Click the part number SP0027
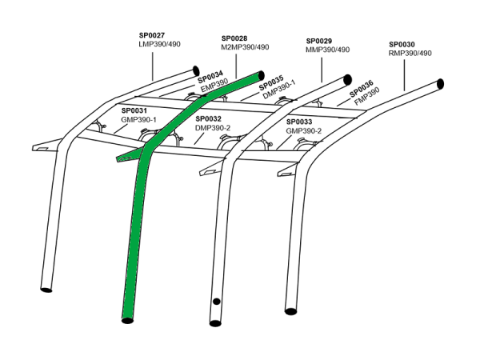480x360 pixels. click(x=152, y=36)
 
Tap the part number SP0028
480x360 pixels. click(x=234, y=38)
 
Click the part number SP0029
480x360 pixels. click(x=319, y=41)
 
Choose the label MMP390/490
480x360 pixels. click(x=328, y=50)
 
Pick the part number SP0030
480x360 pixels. click(x=402, y=45)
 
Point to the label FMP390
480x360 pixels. click(x=366, y=97)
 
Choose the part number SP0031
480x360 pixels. click(x=134, y=110)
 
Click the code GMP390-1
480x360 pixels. click(x=138, y=119)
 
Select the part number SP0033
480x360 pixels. click(x=299, y=122)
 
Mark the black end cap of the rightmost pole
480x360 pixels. click(x=440, y=84)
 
